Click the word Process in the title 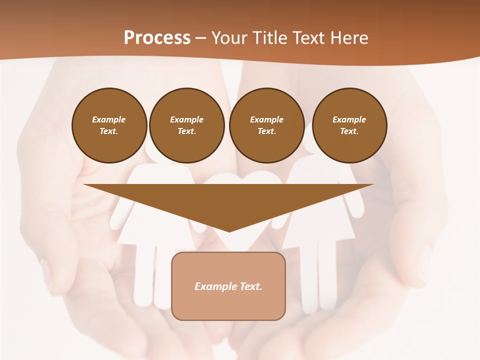tap(157, 37)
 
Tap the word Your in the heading tap(228, 37)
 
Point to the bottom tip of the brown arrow tap(229, 231)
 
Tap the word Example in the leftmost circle tap(108, 119)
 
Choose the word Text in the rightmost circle tap(349, 131)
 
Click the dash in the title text tap(200, 38)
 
